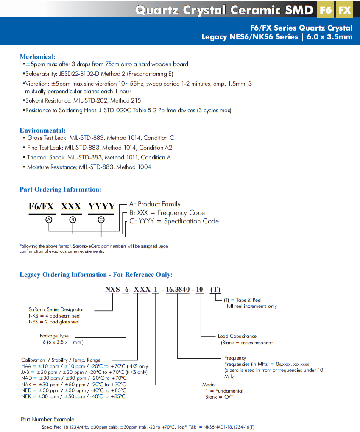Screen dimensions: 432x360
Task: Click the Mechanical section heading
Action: pos(37,56)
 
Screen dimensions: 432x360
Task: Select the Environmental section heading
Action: pos(42,130)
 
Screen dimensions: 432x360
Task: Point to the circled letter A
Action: pos(49,220)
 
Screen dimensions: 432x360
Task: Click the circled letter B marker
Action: pos(73,220)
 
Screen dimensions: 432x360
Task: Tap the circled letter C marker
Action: pos(101,220)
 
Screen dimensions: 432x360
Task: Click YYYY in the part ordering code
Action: pos(101,206)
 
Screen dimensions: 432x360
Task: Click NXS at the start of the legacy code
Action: pos(113,290)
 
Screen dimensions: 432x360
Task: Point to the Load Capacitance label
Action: pos(237,336)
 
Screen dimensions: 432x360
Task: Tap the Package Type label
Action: pos(54,336)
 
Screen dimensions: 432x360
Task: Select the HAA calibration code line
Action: pos(85,366)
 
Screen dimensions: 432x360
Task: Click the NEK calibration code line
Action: pos(73,396)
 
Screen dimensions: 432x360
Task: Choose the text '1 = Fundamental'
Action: pos(224,390)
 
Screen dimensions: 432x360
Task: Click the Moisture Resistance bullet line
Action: pos(88,167)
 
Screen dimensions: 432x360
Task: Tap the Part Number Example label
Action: pos(48,419)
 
